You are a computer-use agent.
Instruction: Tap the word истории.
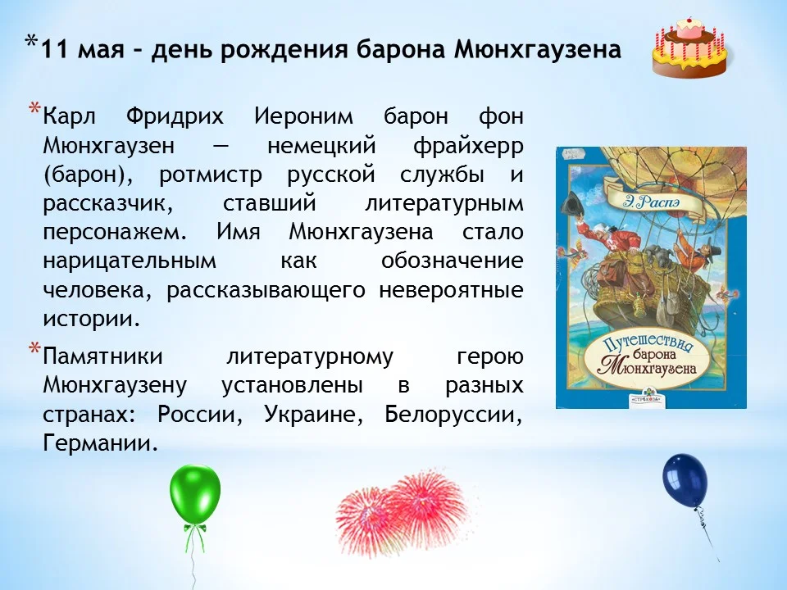coord(91,319)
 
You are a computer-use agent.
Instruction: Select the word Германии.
coord(99,444)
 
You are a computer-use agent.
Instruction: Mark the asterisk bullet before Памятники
coord(34,351)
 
